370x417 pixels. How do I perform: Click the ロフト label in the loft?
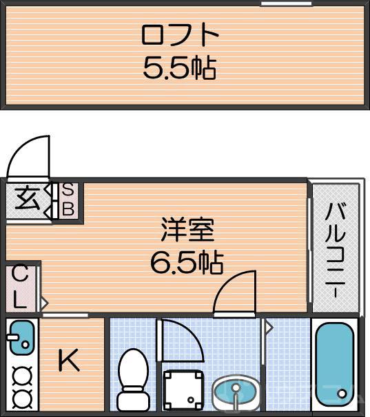coord(181,35)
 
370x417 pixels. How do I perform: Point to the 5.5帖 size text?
coord(181,67)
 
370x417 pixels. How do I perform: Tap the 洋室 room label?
coord(187,231)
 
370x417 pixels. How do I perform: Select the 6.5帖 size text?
coord(187,261)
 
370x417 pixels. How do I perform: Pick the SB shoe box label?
coord(69,200)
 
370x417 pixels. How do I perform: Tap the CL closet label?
coord(20,288)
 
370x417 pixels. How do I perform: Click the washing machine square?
coord(184,390)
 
